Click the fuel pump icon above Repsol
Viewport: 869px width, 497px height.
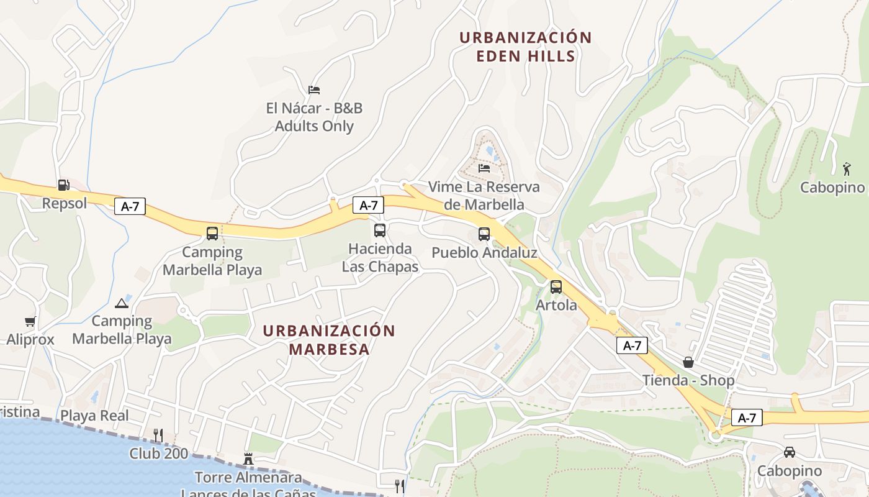[x=63, y=185]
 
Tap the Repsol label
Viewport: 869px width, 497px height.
[x=64, y=203]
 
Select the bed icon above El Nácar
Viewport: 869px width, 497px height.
[x=314, y=90]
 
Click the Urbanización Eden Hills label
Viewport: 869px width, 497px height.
[x=525, y=47]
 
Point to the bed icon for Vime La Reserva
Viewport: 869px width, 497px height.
[x=484, y=168]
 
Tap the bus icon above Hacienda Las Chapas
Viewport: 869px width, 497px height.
[x=380, y=230]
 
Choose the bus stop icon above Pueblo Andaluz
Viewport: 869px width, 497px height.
[x=484, y=234]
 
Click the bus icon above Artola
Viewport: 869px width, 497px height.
[x=556, y=287]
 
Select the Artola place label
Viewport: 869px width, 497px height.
[x=556, y=305]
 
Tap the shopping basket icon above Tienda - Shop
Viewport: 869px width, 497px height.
[x=688, y=362]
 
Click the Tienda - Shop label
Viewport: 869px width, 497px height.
[x=688, y=380]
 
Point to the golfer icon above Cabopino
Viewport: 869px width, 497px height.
[x=847, y=168]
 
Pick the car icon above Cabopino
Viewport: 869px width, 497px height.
[x=790, y=452]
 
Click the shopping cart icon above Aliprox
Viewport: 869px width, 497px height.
[x=30, y=322]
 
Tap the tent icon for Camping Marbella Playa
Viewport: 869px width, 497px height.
[x=122, y=303]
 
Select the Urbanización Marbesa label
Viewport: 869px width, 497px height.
[x=329, y=339]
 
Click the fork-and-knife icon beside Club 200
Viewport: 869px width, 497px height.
[x=158, y=435]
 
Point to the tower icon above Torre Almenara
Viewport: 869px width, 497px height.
[x=248, y=460]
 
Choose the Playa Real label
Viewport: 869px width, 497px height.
[x=94, y=416]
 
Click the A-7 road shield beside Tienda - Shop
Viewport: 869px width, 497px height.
[x=632, y=345]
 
